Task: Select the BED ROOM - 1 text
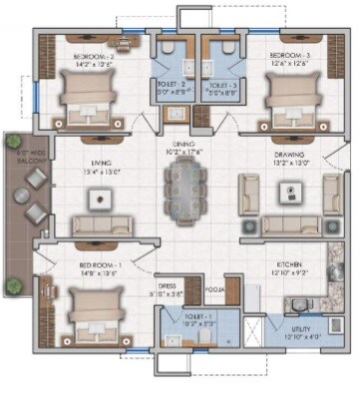click(100, 265)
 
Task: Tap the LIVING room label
click(99, 163)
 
